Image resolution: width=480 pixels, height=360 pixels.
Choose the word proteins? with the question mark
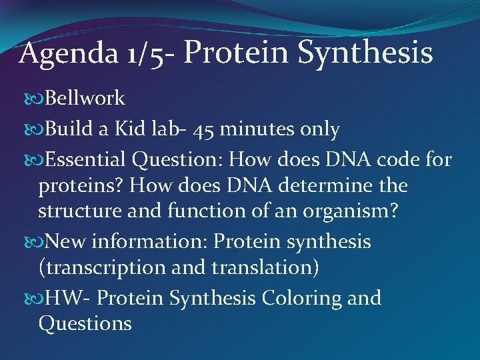[76, 185]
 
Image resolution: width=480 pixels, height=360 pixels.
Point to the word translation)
[267, 268]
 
